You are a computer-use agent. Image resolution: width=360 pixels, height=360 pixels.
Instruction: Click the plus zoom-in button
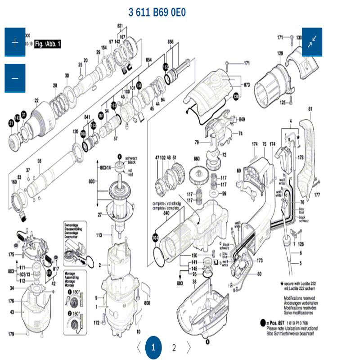[15, 42]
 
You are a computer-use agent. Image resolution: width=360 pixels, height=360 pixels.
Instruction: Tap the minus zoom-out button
[15, 78]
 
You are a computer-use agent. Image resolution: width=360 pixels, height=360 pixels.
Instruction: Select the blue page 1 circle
[153, 347]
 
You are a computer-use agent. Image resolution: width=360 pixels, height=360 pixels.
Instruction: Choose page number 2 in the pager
[174, 347]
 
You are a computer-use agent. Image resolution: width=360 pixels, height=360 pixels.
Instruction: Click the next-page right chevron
[189, 347]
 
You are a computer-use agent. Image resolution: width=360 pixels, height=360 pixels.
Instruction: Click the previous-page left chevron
[139, 347]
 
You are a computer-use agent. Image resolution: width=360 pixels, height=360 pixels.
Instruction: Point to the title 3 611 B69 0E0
[157, 12]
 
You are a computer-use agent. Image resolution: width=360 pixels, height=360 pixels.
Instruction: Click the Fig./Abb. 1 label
[47, 44]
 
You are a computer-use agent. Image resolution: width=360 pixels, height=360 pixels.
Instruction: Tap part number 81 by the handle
[310, 109]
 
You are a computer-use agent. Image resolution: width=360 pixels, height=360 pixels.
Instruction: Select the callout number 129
[280, 53]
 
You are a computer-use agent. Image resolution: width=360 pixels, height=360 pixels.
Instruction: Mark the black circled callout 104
[156, 237]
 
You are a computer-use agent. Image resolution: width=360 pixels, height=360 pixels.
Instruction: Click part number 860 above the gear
[196, 159]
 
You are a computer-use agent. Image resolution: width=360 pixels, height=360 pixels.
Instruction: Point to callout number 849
[242, 119]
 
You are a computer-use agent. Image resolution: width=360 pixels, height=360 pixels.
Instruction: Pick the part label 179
[11, 333]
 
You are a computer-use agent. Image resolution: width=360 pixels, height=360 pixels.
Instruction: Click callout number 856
[171, 41]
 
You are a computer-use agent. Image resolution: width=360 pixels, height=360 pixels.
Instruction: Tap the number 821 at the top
[120, 25]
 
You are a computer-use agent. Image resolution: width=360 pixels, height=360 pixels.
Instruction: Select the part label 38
[194, 282]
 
